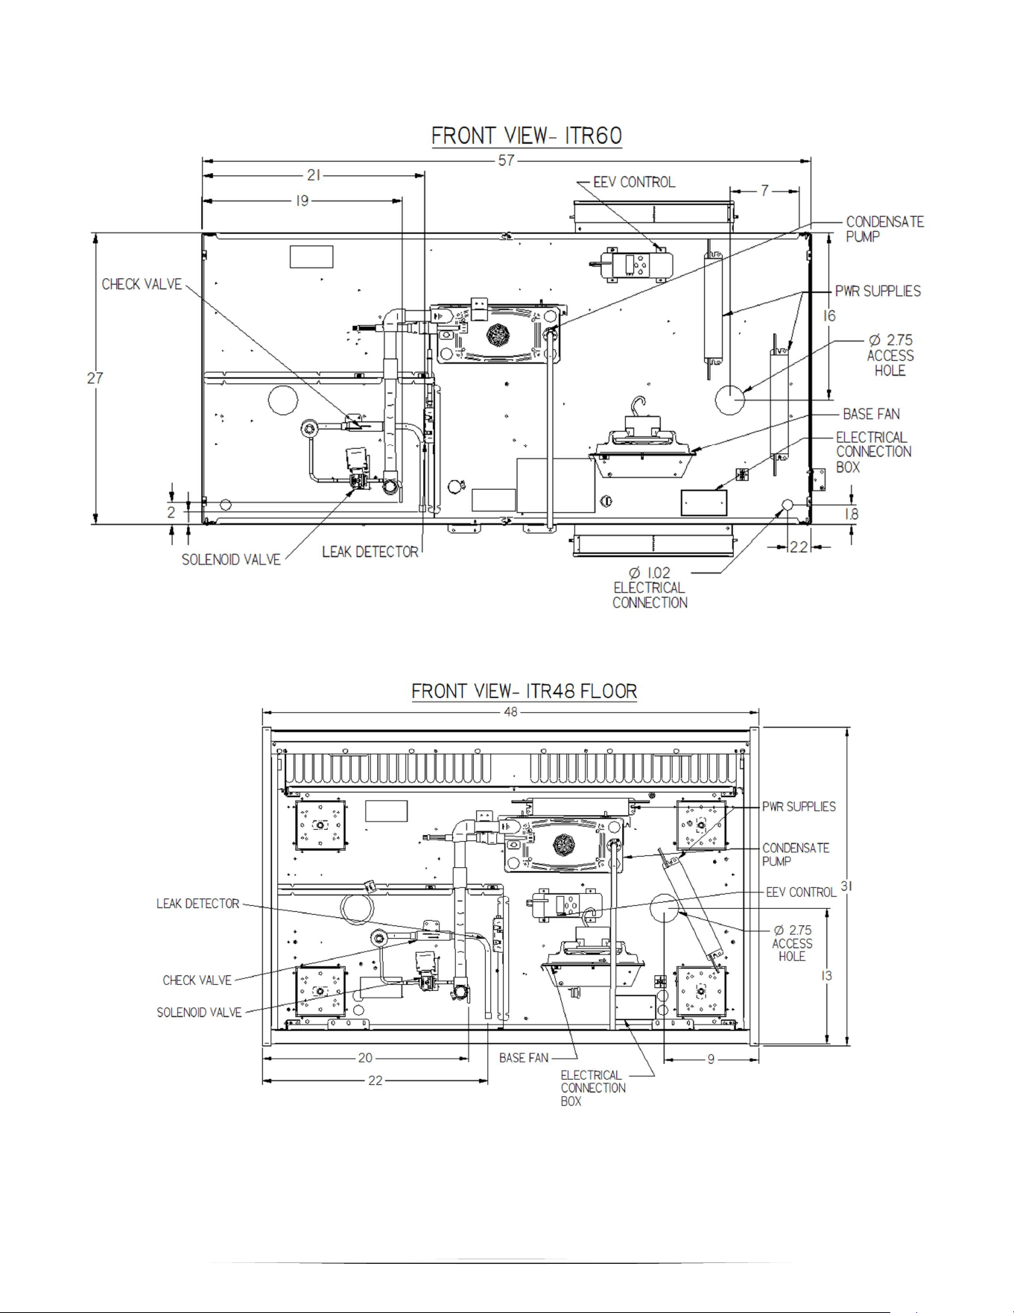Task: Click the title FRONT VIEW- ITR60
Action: click(x=526, y=136)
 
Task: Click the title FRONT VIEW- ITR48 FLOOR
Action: click(x=525, y=691)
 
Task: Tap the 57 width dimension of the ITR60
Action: click(x=507, y=160)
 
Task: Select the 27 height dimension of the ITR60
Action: click(x=95, y=378)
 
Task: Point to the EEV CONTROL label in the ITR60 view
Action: click(x=634, y=182)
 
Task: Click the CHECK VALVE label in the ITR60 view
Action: click(x=142, y=284)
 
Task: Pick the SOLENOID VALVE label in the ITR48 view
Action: click(x=199, y=1012)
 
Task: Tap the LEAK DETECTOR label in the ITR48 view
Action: click(x=197, y=904)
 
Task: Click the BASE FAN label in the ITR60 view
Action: click(x=871, y=414)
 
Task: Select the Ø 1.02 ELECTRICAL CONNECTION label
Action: click(x=650, y=588)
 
